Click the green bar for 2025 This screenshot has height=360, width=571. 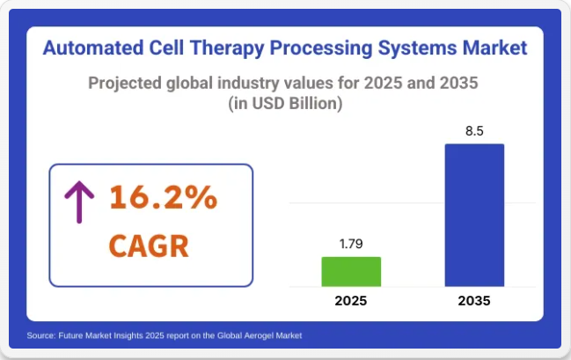351,271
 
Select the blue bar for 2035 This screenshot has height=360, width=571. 474,215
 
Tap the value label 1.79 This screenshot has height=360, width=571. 351,244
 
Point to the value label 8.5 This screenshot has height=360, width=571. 474,131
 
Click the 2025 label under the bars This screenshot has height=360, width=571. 351,301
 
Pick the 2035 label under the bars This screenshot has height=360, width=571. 474,301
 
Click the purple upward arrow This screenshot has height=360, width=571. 79,202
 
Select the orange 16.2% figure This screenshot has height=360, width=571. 164,197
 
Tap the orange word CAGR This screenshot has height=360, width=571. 149,246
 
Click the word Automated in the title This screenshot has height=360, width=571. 93,48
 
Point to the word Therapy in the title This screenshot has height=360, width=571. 226,48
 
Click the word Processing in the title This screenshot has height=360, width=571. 320,48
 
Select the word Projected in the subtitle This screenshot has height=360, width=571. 125,84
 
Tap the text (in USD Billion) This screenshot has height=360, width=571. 285,104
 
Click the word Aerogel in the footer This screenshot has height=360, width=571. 258,335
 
